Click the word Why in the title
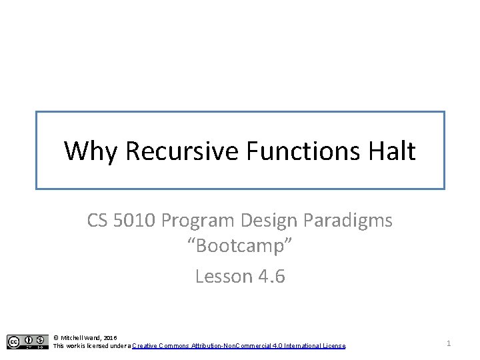[91, 151]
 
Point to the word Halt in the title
[392, 151]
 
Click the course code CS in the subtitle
[99, 221]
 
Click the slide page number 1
[449, 343]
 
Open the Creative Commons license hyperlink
[239, 346]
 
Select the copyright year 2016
[111, 338]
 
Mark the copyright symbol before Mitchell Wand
[56, 338]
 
